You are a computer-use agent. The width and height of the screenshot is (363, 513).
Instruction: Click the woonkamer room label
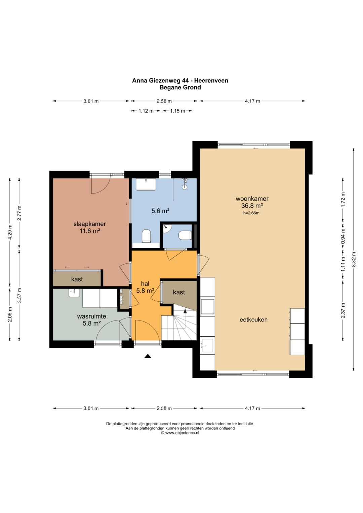[252, 199]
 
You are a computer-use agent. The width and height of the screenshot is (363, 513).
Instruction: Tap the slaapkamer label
[90, 224]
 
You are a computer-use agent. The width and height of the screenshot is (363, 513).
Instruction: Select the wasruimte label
[91, 316]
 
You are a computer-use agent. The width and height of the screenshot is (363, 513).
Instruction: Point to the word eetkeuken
[253, 319]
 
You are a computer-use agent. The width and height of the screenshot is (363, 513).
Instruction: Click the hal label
[145, 284]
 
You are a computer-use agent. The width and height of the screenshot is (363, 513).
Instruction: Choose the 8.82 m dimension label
[354, 259]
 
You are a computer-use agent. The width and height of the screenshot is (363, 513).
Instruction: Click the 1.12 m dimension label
[146, 111]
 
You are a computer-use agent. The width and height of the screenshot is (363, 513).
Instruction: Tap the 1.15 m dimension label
[177, 111]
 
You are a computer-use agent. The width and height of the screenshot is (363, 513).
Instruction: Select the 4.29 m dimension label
[10, 232]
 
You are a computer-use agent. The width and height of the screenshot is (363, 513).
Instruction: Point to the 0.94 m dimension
[343, 237]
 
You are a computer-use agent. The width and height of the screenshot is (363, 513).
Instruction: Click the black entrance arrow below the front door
[148, 356]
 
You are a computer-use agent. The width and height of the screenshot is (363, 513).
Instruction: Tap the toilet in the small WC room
[185, 235]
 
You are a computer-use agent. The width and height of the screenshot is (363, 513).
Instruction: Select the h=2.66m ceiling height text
[251, 213]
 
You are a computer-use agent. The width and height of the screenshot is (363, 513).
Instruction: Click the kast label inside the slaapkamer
[77, 279]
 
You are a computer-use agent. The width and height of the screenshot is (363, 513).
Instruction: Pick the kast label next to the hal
[179, 292]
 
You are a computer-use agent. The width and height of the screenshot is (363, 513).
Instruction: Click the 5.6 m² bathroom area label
[160, 211]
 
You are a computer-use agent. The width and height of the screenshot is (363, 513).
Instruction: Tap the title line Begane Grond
[180, 87]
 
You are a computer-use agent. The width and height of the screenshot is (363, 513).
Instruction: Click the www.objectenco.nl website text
[182, 433]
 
